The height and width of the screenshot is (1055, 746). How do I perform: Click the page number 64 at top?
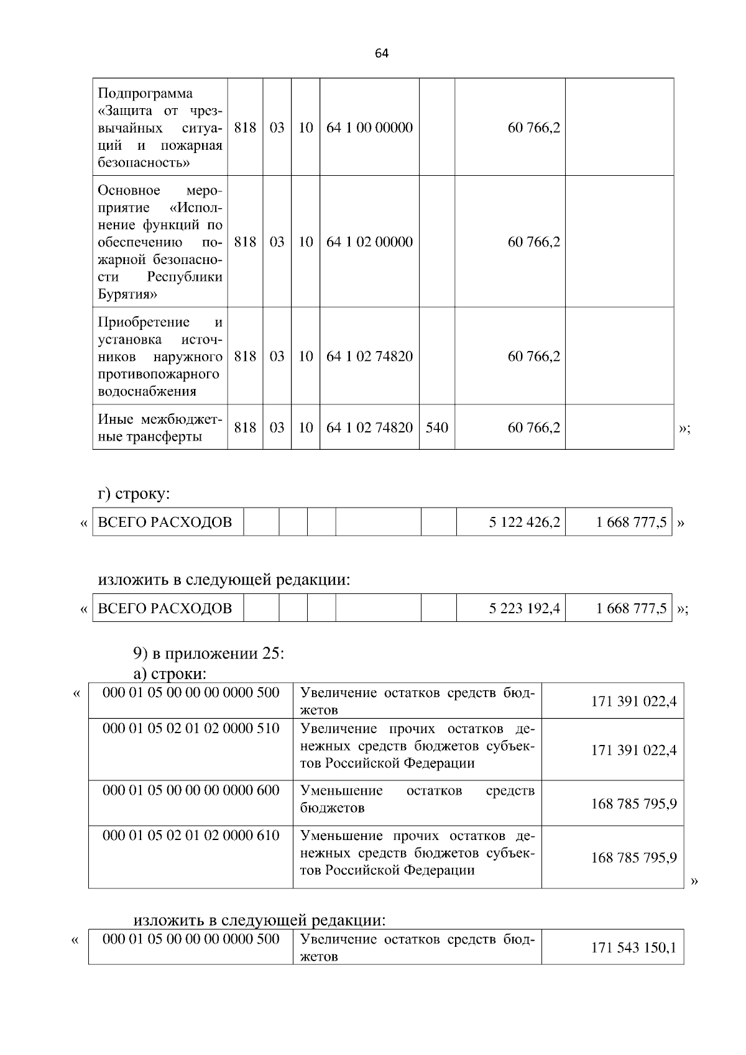coord(382,53)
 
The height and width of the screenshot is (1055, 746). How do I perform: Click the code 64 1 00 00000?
coord(369,128)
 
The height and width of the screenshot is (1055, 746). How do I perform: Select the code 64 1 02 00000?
coord(369,242)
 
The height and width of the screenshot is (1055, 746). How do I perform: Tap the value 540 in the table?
coord(436,427)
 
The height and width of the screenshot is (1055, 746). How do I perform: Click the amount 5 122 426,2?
coord(524,523)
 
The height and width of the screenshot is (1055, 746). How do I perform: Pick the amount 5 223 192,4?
coord(524,608)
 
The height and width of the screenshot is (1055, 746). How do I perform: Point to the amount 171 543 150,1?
coord(633,949)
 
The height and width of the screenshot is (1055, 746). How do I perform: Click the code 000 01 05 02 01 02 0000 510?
coord(191,728)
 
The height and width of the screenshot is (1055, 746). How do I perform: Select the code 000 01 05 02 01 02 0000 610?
coord(191,835)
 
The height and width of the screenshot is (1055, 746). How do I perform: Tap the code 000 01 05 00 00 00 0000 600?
coord(191,790)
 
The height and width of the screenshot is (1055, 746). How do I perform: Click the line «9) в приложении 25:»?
coord(208,654)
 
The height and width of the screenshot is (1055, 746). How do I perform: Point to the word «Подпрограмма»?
coord(145,93)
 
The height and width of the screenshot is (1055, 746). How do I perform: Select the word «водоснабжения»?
coord(147,391)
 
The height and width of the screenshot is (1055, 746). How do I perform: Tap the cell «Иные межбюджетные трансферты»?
coord(160,428)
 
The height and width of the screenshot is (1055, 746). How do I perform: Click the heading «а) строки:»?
coord(170,674)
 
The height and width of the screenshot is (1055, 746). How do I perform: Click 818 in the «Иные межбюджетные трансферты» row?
coord(245,427)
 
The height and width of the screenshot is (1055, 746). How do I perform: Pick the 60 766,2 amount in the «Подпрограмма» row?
coord(533,128)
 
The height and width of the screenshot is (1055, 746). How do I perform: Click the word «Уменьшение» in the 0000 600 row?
coord(341,790)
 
